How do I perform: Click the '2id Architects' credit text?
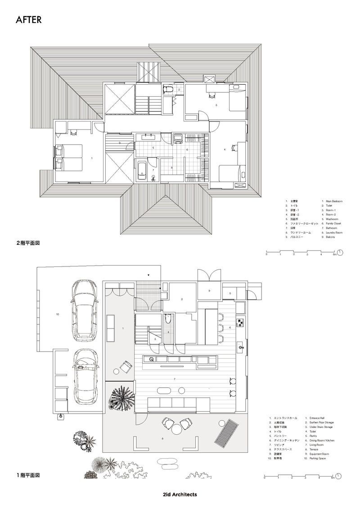(180, 494)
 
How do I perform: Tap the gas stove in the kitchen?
(240, 322)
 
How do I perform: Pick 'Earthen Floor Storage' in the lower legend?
(322, 423)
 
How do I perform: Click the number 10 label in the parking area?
(57, 315)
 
